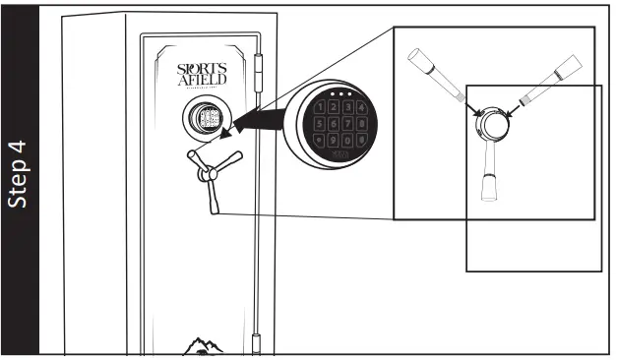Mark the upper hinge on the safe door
tap(259, 74)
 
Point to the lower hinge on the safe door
tap(258, 343)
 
